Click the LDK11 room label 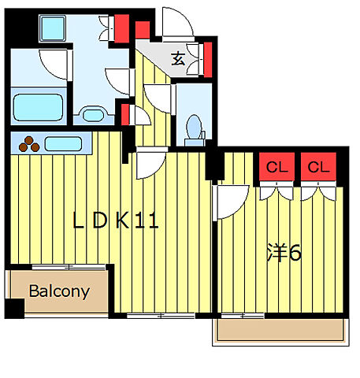(x=116, y=220)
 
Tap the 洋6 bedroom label (x=284, y=253)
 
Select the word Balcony (x=59, y=291)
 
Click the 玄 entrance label (x=178, y=59)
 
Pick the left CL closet (x=276, y=167)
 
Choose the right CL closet (x=318, y=167)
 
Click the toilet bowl (x=195, y=127)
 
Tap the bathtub (x=38, y=107)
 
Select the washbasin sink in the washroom (x=94, y=115)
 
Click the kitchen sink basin (x=63, y=144)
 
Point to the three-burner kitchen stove (x=29, y=144)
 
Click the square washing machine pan (x=53, y=28)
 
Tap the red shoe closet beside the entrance (x=208, y=60)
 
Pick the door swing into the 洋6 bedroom (x=231, y=202)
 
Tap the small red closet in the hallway (x=125, y=115)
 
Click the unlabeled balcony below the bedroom (x=280, y=330)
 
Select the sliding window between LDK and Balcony (x=69, y=267)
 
